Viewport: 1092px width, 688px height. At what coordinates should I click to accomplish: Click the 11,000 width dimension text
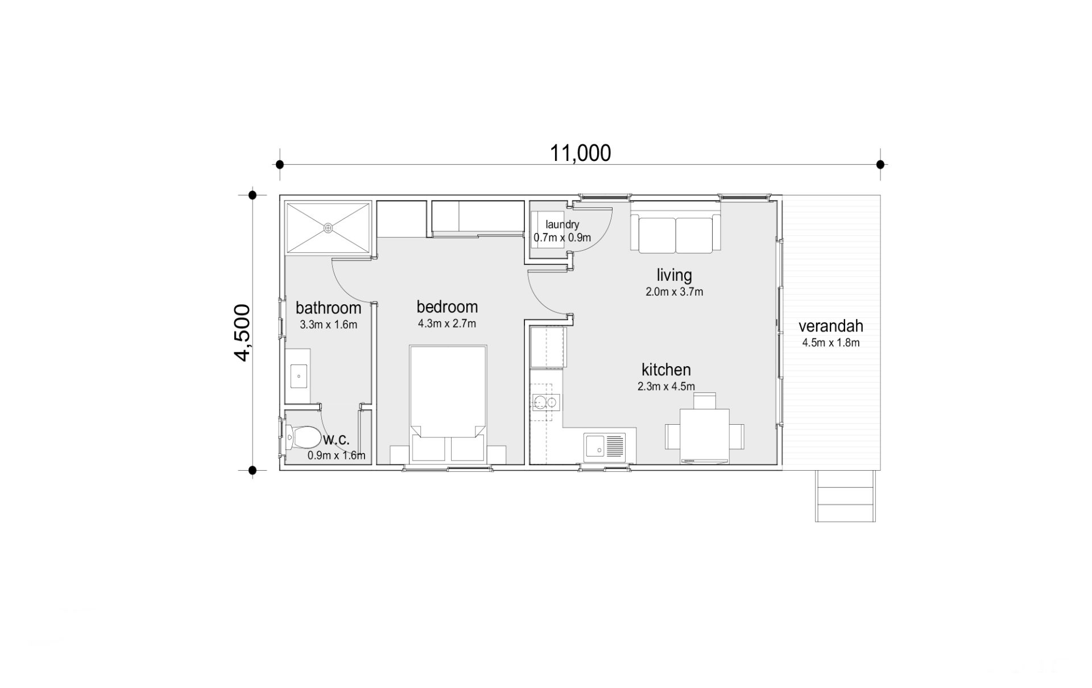tap(580, 153)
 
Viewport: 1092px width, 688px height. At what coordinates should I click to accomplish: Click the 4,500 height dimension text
tap(242, 333)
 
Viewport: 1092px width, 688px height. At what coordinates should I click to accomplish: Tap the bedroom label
tap(447, 307)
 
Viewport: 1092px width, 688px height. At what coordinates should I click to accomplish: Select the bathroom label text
tap(328, 308)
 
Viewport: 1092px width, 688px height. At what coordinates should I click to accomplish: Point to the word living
tap(674, 276)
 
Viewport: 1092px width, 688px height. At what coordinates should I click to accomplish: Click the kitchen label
tap(666, 370)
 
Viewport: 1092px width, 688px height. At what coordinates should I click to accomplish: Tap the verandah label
tap(830, 326)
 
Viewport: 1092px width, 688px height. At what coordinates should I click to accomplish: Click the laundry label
tap(562, 225)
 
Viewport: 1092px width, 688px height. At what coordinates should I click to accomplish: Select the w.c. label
tap(336, 440)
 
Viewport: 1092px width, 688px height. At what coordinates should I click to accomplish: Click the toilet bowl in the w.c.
tap(303, 437)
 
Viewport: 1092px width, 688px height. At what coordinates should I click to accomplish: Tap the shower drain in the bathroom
tap(328, 228)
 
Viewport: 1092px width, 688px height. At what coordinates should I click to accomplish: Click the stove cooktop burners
tap(545, 403)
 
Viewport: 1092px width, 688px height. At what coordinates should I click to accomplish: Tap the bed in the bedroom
tap(448, 403)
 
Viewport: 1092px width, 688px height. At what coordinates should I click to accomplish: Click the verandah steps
tap(845, 496)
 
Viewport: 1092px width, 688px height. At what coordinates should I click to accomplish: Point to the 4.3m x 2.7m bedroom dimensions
tap(447, 324)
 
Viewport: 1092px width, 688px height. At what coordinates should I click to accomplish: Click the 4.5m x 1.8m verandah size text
tap(830, 343)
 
